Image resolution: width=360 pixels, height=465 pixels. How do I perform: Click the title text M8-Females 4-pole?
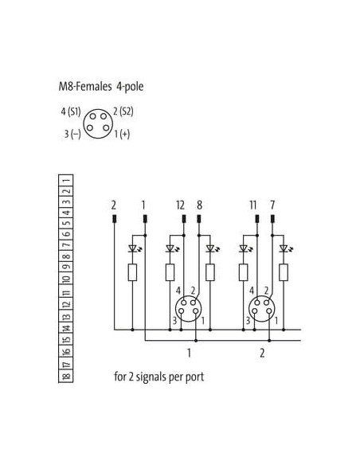pos(101,87)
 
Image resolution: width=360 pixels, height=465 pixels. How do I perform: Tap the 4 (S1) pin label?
pos(71,111)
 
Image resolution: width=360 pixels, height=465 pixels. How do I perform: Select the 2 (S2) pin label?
pos(123,111)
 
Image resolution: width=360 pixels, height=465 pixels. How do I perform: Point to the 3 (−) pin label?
pos(72,134)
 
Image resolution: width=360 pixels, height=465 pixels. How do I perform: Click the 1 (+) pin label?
pos(122,134)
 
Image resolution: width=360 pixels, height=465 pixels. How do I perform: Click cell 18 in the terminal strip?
pos(66,377)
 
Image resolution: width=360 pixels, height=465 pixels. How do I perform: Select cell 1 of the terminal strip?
pos(66,180)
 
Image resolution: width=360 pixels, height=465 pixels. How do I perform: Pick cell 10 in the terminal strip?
pos(66,279)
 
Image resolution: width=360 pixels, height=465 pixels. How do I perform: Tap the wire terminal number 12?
pos(180,205)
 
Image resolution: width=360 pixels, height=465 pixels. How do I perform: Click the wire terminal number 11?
pos(253,205)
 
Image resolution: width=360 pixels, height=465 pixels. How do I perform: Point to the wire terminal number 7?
pos(272,205)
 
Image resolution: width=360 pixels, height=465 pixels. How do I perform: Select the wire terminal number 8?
pos(200,205)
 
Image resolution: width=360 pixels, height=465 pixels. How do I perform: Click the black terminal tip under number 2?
pos(114,219)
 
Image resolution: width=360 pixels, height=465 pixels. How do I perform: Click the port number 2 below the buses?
pos(262,354)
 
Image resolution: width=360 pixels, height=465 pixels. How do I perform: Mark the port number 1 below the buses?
pos(189,354)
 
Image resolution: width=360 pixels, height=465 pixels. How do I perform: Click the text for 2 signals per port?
pos(159,377)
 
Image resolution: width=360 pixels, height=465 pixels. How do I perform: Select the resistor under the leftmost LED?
pos(132,272)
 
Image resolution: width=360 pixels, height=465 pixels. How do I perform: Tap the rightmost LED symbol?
pos(284,248)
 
